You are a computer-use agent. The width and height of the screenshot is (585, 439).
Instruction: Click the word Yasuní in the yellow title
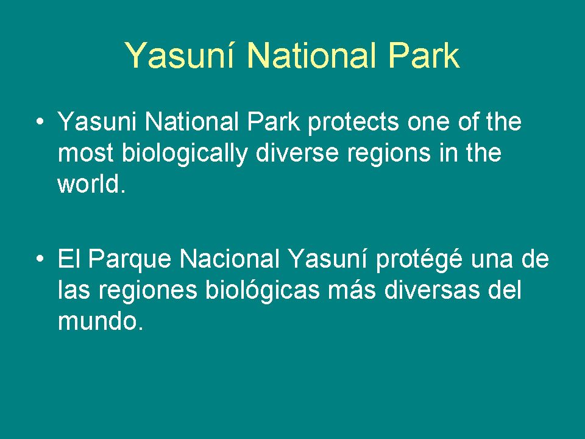click(x=179, y=55)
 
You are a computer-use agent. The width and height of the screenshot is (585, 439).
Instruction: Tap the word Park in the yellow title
click(x=424, y=55)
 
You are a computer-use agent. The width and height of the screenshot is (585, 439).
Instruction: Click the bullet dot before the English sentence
click(x=40, y=121)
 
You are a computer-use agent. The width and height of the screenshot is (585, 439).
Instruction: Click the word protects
click(x=353, y=123)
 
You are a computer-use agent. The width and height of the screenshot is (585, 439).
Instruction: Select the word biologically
click(x=185, y=154)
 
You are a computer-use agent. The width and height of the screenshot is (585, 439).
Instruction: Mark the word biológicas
click(x=263, y=291)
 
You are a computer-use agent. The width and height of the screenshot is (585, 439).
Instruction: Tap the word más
click(x=352, y=290)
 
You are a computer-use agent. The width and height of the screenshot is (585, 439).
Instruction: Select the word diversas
click(x=432, y=290)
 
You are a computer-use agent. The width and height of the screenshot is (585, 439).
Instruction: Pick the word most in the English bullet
click(x=85, y=154)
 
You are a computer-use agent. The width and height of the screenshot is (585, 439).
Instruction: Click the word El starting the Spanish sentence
click(x=69, y=259)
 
